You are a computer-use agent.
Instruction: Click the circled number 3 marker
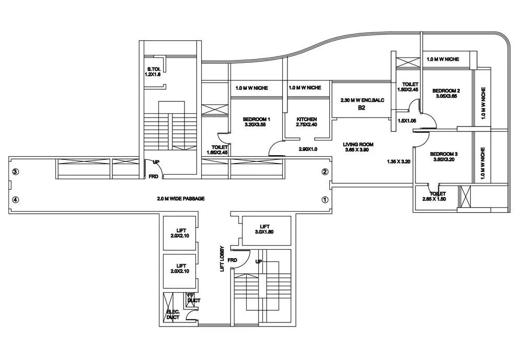pyautogui.click(x=16, y=171)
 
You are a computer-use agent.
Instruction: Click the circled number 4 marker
pyautogui.click(x=16, y=199)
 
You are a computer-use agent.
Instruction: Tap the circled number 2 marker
pyautogui.click(x=325, y=171)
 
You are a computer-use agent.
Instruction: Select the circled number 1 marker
pyautogui.click(x=325, y=199)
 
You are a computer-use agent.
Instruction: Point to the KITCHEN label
pyautogui.click(x=307, y=122)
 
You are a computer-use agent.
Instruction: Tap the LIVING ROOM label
pyautogui.click(x=358, y=147)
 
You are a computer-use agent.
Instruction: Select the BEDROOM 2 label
pyautogui.click(x=446, y=93)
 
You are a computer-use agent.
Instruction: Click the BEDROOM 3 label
pyautogui.click(x=444, y=157)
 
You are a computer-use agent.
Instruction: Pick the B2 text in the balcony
pyautogui.click(x=361, y=108)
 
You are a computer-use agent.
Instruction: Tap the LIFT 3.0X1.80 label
pyautogui.click(x=264, y=228)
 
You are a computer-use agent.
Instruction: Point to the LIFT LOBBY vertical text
pyautogui.click(x=222, y=258)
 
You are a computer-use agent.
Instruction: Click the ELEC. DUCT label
pyautogui.click(x=173, y=315)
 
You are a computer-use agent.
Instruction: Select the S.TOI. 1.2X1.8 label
pyautogui.click(x=154, y=72)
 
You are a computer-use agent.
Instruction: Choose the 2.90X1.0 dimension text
pyautogui.click(x=308, y=149)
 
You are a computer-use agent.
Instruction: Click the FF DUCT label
pyautogui.click(x=193, y=298)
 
